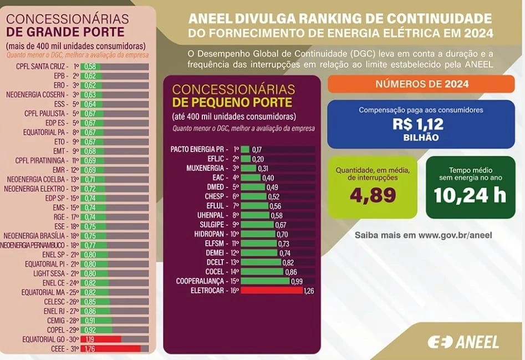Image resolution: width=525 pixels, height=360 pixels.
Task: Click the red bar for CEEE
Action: (x=110, y=349)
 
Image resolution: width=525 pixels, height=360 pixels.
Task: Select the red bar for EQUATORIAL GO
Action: (x=100, y=339)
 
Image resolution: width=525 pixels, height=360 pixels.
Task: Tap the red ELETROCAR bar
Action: (x=271, y=290)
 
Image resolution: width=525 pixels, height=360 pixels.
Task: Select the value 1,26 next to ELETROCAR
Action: (x=309, y=291)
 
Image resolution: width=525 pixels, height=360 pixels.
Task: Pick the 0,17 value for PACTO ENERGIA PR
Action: (x=257, y=150)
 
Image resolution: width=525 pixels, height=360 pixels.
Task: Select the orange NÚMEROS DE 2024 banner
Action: (x=421, y=84)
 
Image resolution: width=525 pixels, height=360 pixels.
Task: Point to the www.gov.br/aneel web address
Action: (x=455, y=235)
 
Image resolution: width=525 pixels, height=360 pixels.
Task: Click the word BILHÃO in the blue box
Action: (x=421, y=138)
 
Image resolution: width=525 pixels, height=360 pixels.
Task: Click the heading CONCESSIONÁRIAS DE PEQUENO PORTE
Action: (x=233, y=96)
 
